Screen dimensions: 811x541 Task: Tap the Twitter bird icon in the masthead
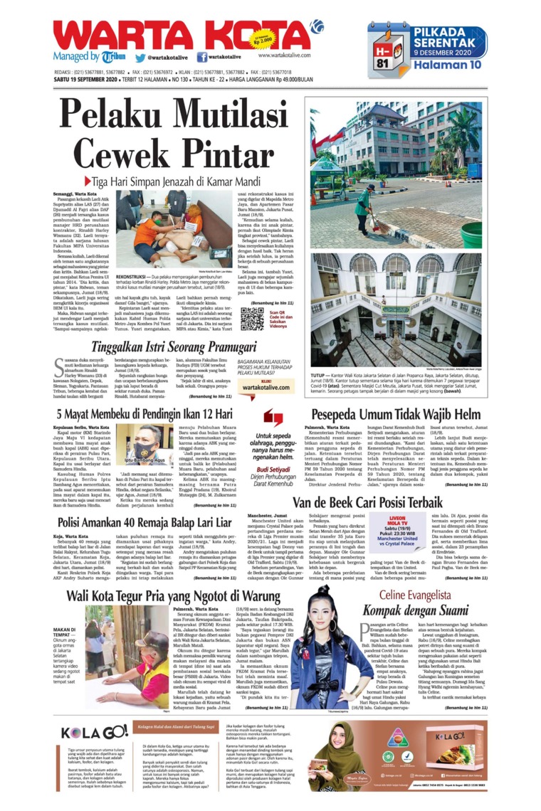tap(141, 58)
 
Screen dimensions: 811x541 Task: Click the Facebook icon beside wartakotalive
tap(201, 58)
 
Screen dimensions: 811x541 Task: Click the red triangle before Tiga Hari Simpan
tap(88, 181)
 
